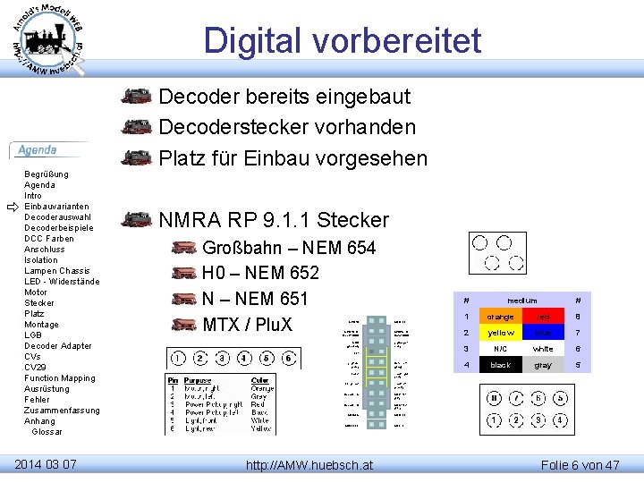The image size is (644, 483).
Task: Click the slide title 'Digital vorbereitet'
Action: (342, 41)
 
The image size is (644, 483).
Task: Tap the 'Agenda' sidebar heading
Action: (38, 150)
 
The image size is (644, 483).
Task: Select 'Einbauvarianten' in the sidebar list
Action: (56, 207)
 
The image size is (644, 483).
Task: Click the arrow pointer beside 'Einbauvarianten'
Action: (12, 207)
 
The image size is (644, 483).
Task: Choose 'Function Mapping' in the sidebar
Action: (59, 378)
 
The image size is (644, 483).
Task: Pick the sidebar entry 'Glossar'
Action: (47, 432)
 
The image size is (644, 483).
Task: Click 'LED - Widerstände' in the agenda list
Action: (62, 282)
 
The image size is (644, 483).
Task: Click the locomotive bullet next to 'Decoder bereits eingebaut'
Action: (136, 96)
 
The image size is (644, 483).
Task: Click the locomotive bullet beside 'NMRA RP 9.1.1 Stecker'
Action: (136, 219)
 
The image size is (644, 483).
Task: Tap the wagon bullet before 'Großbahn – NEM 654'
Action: (183, 248)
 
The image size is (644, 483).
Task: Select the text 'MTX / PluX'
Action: (247, 324)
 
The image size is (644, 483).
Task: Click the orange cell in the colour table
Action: (500, 317)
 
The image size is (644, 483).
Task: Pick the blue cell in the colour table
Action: (543, 333)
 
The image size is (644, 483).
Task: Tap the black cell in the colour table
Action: (500, 365)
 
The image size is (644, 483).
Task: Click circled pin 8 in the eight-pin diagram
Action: (494, 399)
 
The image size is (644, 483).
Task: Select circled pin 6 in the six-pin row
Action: (288, 359)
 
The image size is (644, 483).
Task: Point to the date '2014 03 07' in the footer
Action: (46, 463)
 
